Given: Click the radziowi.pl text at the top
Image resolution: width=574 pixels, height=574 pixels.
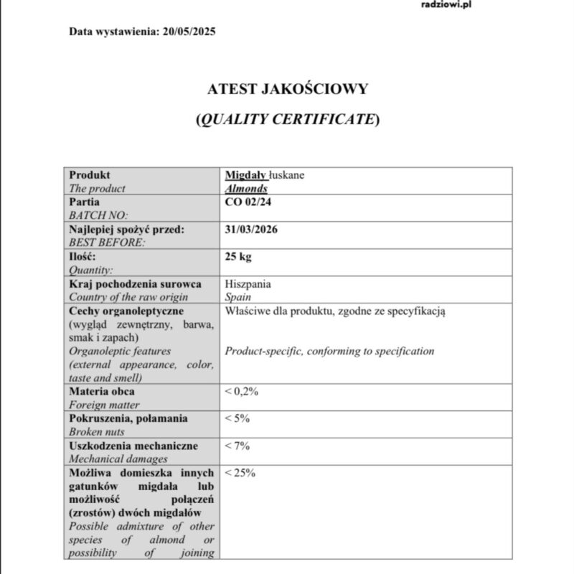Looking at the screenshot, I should [446, 4].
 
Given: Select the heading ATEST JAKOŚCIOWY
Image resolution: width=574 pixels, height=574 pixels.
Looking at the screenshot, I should [287, 89].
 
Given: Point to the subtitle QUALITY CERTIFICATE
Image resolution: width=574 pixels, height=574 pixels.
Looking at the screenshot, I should [287, 120].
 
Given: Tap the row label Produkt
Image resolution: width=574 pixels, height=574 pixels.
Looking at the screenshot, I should [90, 175].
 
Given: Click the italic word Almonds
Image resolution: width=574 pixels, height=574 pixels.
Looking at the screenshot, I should [246, 189].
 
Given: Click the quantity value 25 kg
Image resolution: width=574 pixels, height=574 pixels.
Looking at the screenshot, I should [238, 257].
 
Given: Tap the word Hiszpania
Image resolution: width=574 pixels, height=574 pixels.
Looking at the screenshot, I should [248, 284].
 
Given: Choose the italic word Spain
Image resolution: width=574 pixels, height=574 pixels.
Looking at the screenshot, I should [238, 297].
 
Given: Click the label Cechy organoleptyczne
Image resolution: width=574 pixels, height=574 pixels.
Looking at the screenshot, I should [126, 311].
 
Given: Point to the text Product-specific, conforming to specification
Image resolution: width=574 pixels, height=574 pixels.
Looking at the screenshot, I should [329, 352].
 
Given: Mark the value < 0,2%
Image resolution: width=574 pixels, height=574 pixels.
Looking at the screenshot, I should [241, 392].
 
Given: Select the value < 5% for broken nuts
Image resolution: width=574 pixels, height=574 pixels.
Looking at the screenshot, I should [237, 419].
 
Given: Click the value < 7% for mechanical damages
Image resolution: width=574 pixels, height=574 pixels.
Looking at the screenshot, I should [237, 446].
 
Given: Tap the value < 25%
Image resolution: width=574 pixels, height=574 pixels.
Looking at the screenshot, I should [240, 473].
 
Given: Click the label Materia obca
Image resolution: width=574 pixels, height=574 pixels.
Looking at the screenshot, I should [101, 392].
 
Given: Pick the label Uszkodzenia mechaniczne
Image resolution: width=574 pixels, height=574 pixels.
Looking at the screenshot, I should [133, 446].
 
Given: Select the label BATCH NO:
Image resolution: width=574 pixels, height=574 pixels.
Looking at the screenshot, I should [98, 215].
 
